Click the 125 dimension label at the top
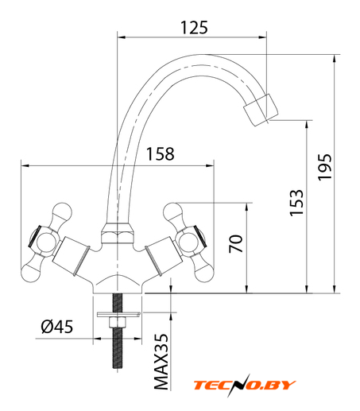(x=194, y=28)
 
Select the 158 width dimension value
(x=161, y=154)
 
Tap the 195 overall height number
(x=324, y=168)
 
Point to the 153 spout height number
(x=296, y=203)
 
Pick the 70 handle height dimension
(x=236, y=243)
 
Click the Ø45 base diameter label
(x=57, y=327)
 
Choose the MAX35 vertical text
(x=161, y=362)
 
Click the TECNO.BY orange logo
(x=244, y=385)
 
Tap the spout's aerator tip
(x=261, y=110)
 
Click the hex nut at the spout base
(x=117, y=234)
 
